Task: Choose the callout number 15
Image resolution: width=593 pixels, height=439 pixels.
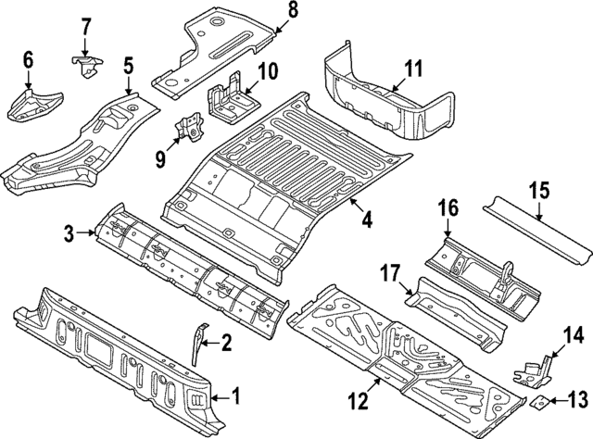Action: click(x=539, y=193)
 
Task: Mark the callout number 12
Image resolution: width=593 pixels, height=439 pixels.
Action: click(x=360, y=401)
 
